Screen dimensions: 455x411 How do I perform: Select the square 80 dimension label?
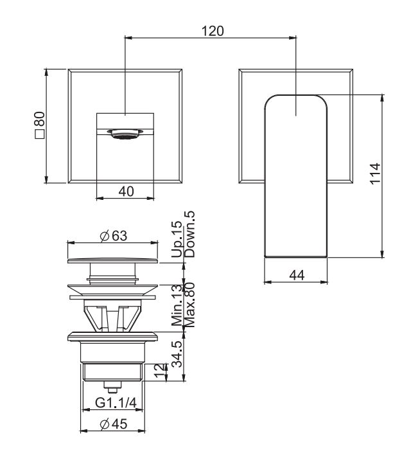39,126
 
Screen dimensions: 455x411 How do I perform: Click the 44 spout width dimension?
296,275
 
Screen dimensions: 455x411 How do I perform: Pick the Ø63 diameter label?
113,236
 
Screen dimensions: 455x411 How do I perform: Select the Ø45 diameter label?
113,424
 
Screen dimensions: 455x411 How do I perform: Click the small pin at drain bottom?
113,388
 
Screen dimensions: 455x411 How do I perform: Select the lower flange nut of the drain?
113,337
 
